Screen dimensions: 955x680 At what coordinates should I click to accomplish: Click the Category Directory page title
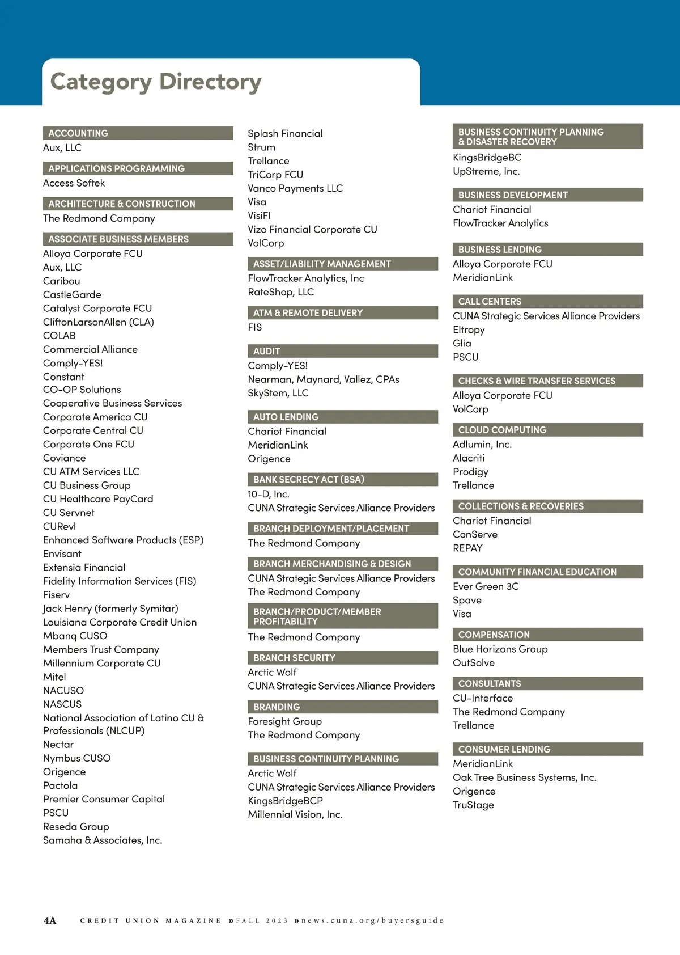(156, 82)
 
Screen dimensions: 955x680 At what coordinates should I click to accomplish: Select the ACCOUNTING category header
(78, 133)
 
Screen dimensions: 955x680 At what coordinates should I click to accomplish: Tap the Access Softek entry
(74, 183)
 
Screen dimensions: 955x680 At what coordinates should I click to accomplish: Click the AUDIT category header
(267, 351)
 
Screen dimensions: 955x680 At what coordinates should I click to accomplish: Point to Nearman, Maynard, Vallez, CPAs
(324, 379)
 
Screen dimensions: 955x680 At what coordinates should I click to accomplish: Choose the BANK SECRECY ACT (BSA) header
(309, 479)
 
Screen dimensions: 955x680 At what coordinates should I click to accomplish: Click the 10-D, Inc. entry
(269, 494)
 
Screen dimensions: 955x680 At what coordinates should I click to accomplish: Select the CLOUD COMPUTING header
(502, 430)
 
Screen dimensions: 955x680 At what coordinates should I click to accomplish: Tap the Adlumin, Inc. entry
(482, 445)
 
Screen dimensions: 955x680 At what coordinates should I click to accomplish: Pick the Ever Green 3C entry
(486, 586)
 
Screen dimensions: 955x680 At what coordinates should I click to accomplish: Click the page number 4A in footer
(50, 920)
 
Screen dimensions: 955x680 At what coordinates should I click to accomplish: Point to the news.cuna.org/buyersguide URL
(372, 920)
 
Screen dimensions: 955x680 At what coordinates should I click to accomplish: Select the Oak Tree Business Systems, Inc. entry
(525, 777)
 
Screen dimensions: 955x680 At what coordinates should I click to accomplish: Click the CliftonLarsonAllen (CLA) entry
(99, 322)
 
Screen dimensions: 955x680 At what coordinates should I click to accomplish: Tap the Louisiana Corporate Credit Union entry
(120, 622)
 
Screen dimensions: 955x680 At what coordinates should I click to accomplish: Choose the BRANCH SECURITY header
(294, 658)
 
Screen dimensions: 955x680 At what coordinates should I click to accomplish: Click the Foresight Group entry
(285, 721)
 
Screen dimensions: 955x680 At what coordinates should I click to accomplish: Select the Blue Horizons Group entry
(500, 649)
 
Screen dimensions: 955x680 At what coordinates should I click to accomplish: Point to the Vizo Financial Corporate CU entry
(312, 229)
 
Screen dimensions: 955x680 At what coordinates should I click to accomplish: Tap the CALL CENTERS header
(490, 301)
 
